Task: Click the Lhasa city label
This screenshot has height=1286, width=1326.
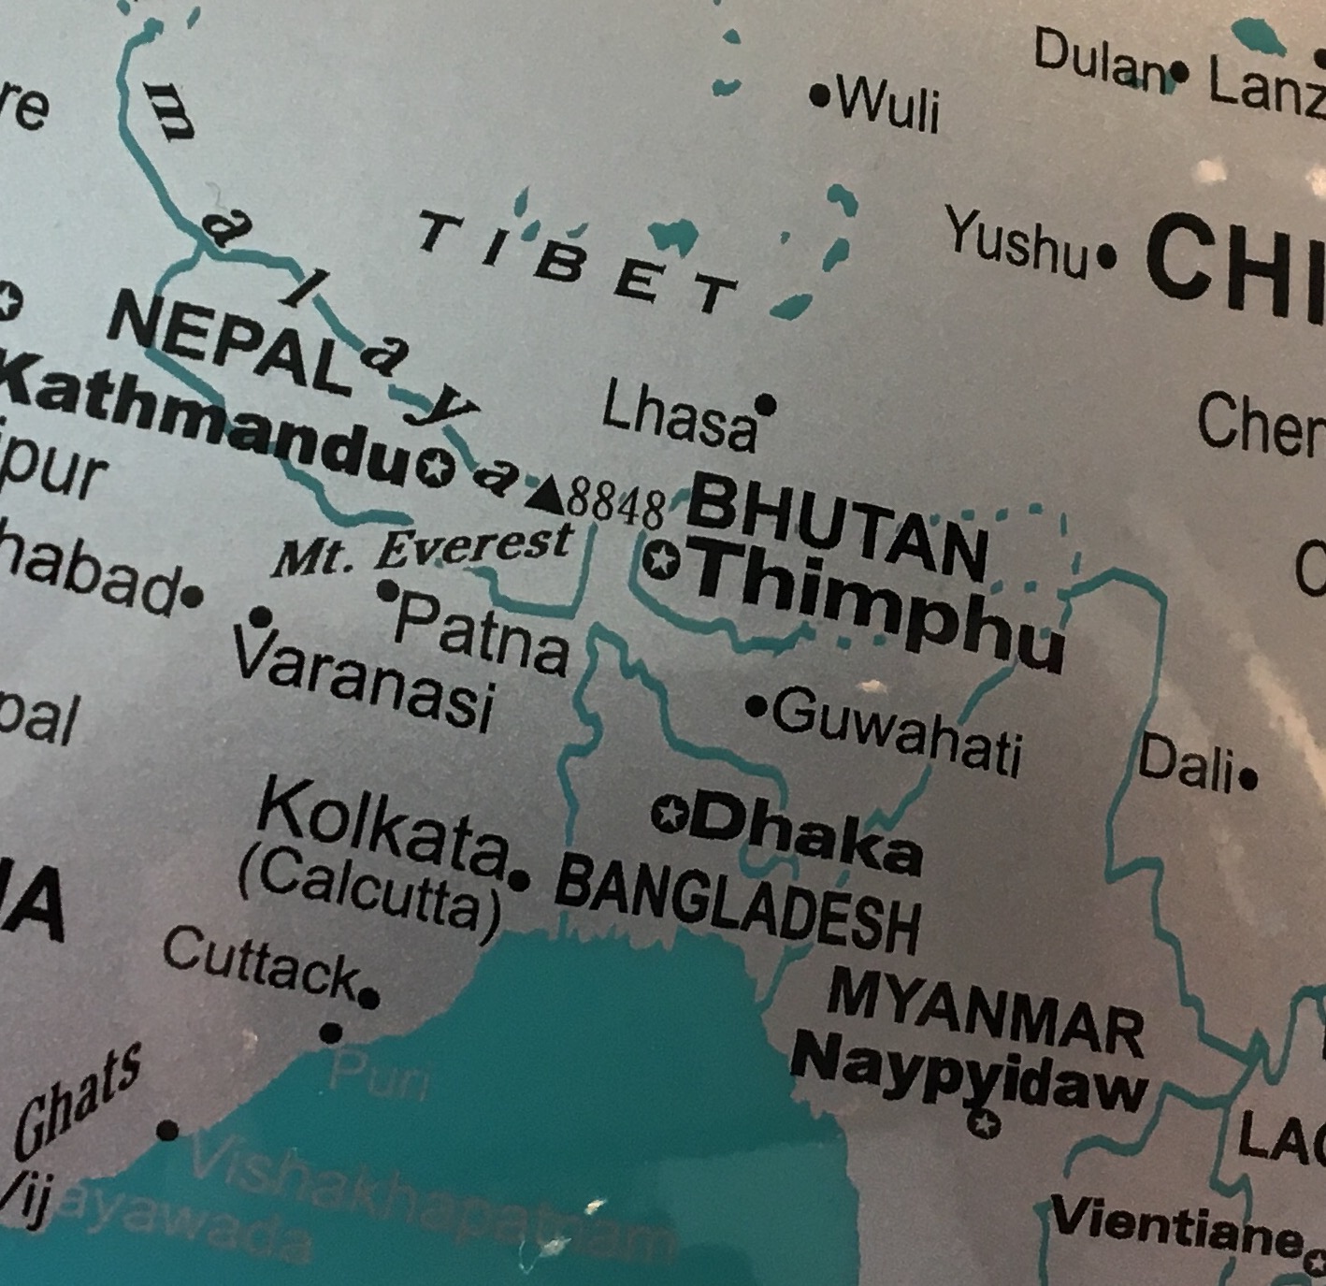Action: pyautogui.click(x=677, y=418)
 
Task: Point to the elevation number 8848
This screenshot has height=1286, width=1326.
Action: pyautogui.click(x=616, y=506)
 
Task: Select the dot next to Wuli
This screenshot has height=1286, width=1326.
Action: pyautogui.click(x=820, y=94)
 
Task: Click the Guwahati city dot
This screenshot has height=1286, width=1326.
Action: pyautogui.click(x=756, y=706)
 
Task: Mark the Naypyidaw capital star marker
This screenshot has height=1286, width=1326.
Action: pyautogui.click(x=982, y=1123)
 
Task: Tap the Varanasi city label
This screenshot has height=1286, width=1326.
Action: pyautogui.click(x=363, y=682)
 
